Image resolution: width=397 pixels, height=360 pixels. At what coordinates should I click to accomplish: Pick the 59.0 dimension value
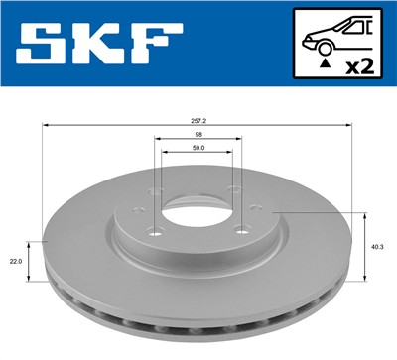198,148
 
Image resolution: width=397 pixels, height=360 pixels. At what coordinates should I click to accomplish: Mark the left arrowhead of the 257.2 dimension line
45,125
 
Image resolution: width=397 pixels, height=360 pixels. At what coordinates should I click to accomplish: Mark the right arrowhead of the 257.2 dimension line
352,125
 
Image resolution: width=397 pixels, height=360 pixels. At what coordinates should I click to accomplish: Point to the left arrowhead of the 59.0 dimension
167,155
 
